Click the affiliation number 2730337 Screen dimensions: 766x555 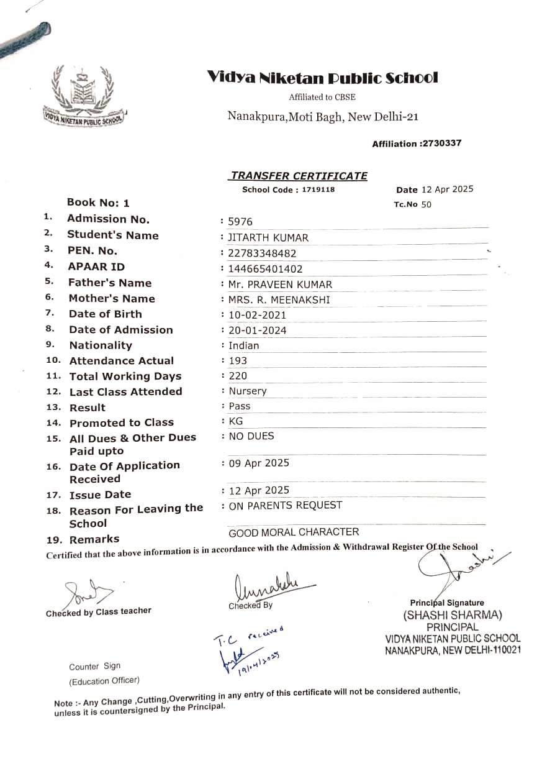tap(441, 144)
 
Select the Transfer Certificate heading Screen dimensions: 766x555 tap(299, 176)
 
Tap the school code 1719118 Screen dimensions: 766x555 tap(318, 189)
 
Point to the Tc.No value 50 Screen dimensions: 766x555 tap(426, 204)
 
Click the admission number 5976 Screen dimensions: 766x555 tap(241, 222)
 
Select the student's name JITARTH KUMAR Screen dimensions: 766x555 tap(268, 237)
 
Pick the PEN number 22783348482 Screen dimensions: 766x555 tap(263, 253)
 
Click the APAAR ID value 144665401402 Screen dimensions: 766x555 tap(266, 269)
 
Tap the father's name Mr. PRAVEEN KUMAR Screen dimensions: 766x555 tap(280, 285)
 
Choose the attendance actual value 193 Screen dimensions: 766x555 tap(238, 360)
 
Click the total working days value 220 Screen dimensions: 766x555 tap(238, 376)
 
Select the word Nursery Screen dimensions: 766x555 tap(248, 391)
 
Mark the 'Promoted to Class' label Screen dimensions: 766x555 tap(121, 422)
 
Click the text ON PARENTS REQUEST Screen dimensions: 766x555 tap(286, 505)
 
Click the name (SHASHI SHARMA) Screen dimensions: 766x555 tap(452, 616)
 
